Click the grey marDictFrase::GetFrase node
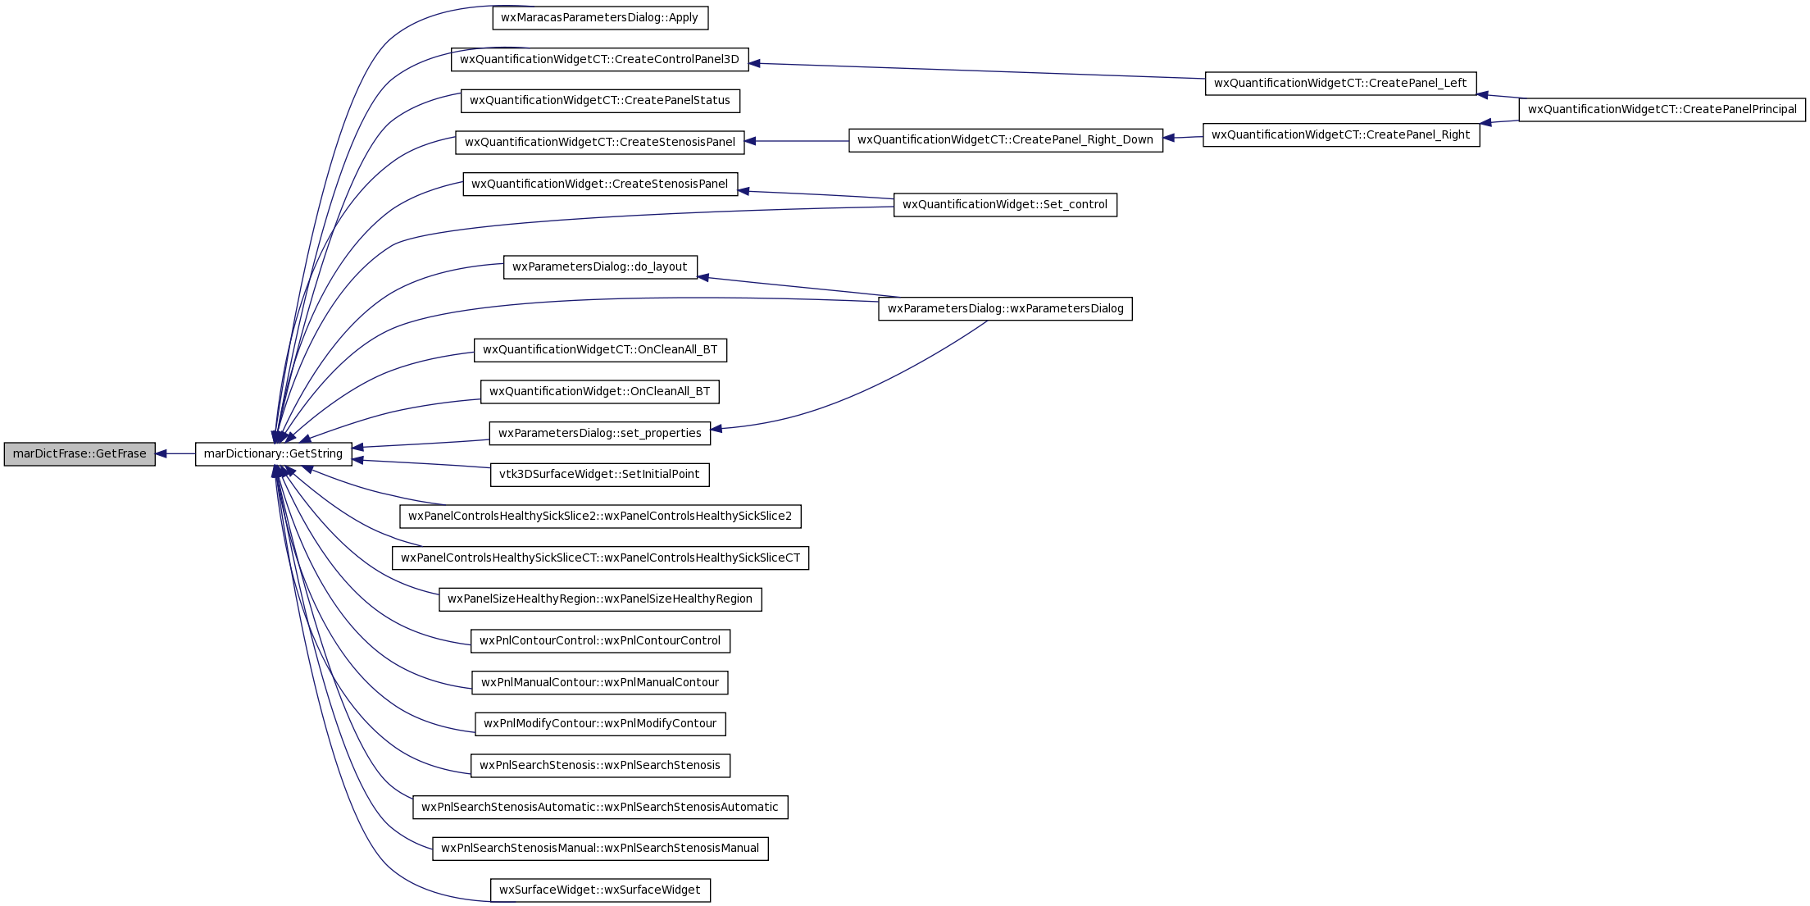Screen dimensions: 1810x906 coord(80,453)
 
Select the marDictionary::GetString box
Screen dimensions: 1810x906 coord(273,453)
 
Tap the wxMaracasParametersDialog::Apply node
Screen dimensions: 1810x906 coord(600,17)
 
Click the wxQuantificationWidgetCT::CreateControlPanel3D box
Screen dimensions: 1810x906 coord(600,59)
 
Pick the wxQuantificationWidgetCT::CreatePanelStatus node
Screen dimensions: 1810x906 coord(600,101)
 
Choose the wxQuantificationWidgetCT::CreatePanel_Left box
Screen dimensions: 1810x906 coord(1340,83)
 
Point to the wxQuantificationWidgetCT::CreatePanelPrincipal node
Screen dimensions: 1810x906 coord(1662,109)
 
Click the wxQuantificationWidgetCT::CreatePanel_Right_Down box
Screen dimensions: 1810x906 coord(1006,139)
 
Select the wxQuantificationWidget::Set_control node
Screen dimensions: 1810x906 coord(1005,204)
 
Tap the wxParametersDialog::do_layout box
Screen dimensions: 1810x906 coord(600,266)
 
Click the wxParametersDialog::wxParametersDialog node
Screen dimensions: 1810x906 coord(1005,308)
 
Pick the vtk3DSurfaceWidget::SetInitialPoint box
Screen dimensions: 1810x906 coord(600,474)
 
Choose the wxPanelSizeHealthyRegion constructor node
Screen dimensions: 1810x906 coord(600,599)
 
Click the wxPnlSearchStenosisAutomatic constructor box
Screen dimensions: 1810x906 coord(600,807)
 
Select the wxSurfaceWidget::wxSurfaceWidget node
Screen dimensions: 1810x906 coord(600,890)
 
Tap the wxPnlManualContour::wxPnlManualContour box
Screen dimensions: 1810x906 coord(600,682)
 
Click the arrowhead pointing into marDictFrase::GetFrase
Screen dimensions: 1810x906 coord(162,453)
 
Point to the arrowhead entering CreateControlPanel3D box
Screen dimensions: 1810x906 coord(756,63)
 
